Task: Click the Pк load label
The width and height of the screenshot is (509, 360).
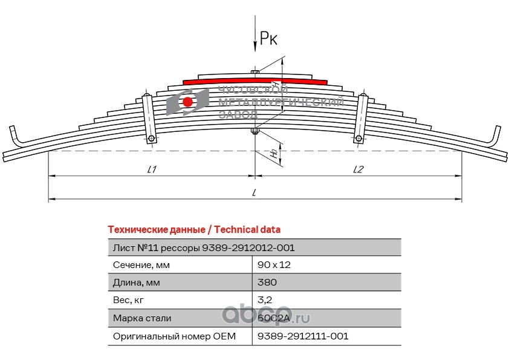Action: click(268, 39)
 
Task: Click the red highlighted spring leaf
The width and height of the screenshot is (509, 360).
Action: click(254, 80)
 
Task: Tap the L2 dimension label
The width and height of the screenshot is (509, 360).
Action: click(358, 170)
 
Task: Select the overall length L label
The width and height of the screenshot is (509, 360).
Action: click(254, 193)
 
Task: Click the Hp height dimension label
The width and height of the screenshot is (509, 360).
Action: click(274, 154)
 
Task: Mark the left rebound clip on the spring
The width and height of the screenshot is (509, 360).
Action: click(148, 117)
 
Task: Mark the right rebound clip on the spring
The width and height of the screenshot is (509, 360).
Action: click(361, 117)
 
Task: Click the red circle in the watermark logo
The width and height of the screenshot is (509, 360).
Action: click(188, 102)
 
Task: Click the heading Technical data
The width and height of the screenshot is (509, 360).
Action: click(193, 229)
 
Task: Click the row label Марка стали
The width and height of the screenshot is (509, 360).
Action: click(142, 318)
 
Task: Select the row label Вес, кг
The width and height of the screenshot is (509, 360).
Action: click(129, 300)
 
